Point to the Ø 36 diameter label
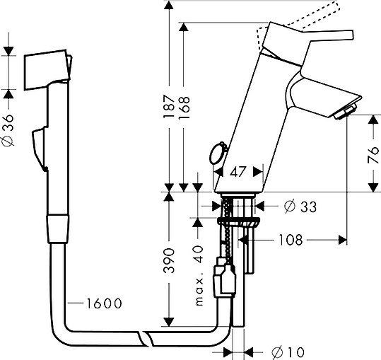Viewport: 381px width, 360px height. pyautogui.click(x=8, y=132)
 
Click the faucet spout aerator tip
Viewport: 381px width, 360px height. pyautogui.click(x=346, y=112)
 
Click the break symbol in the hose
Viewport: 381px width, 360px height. pyautogui.click(x=146, y=337)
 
